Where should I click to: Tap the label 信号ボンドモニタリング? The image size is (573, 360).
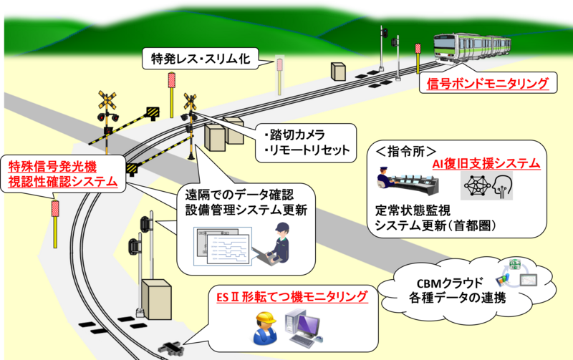pyautogui.click(x=488, y=83)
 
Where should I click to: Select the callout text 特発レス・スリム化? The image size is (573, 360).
pyautogui.click(x=201, y=59)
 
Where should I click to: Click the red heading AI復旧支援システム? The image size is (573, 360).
pyautogui.click(x=486, y=164)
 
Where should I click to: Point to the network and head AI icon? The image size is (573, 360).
pyautogui.click(x=486, y=186)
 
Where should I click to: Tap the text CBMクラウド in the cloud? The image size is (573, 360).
pyautogui.click(x=450, y=283)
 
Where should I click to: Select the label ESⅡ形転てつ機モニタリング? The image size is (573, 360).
pyautogui.click(x=292, y=297)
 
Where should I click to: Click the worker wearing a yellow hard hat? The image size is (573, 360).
pyautogui.click(x=266, y=329)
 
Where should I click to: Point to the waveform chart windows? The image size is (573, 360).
pyautogui.click(x=223, y=245)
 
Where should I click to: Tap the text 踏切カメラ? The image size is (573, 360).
pyautogui.click(x=294, y=135)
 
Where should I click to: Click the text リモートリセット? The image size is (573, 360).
pyautogui.click(x=307, y=150)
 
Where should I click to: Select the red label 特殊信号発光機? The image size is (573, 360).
pyautogui.click(x=52, y=167)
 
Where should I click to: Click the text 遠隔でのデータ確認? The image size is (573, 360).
pyautogui.click(x=239, y=195)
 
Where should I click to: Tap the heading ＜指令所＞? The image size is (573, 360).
pyautogui.click(x=406, y=152)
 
